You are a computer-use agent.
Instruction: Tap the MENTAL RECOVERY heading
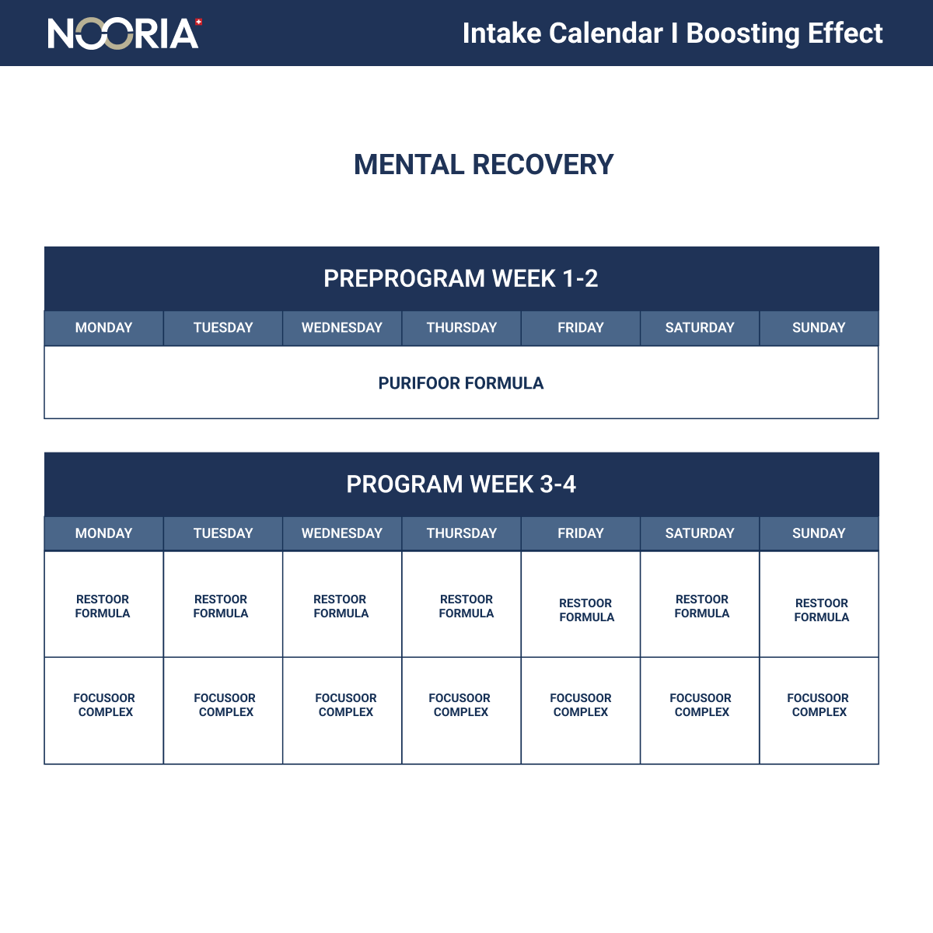coord(484,165)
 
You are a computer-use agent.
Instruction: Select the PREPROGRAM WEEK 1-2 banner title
coord(461,278)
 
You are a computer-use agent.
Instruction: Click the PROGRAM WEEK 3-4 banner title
coord(461,484)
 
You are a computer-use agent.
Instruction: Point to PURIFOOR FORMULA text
coord(461,383)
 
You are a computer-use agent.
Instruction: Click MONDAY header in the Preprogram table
coord(103,327)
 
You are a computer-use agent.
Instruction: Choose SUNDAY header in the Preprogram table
coord(819,327)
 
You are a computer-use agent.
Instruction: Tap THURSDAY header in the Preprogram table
coord(461,327)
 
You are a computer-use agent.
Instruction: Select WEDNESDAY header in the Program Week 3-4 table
coord(342,533)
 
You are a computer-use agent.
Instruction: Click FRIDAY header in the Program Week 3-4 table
coord(581,533)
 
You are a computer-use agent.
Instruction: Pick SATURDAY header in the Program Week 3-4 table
coord(700,533)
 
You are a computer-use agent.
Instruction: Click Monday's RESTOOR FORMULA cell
coord(103,606)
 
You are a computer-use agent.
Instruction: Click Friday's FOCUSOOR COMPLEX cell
coord(581,705)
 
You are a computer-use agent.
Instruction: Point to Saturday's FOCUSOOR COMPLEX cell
coord(701,705)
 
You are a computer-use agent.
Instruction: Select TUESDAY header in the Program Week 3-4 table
coord(223,533)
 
